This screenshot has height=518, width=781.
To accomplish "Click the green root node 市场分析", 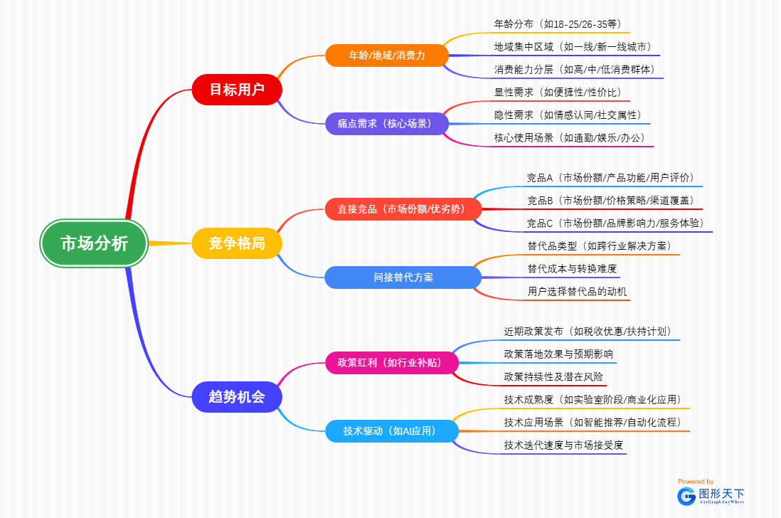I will (94, 243).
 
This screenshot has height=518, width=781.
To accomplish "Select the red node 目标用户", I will (237, 90).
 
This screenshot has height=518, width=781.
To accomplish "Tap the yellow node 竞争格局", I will (237, 243).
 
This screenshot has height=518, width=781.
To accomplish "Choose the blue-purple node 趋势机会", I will (237, 397).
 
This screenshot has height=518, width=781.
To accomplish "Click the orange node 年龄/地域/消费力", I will (387, 55).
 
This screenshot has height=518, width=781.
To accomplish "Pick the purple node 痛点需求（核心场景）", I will (387, 124).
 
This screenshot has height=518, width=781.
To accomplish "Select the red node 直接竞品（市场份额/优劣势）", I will (403, 209).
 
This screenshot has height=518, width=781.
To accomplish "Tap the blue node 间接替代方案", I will (403, 277).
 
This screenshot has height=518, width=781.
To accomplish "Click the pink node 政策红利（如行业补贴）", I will (393, 362).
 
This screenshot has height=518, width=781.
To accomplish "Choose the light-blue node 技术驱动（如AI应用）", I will (393, 430).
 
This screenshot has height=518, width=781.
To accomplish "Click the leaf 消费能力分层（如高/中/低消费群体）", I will (579, 70).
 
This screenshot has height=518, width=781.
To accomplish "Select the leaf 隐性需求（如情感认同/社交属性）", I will (572, 115).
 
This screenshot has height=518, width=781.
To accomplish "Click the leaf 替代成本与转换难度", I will (572, 268).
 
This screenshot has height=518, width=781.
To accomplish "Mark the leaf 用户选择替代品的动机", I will (578, 292).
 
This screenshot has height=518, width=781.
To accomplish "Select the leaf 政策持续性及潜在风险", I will (555, 376).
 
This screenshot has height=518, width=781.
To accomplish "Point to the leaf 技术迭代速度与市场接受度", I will (564, 445).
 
